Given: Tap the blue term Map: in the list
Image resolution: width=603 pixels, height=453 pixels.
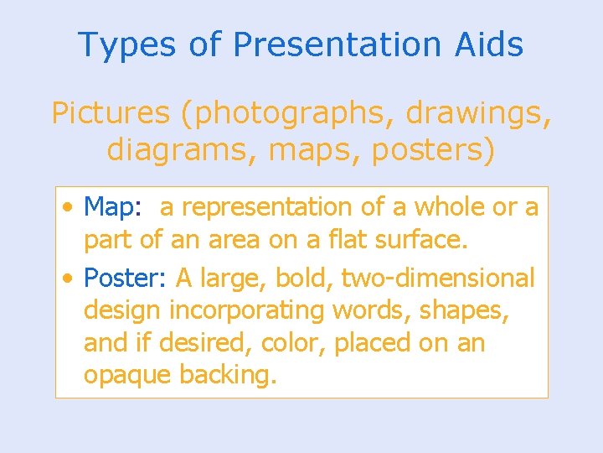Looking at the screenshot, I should [x=116, y=206].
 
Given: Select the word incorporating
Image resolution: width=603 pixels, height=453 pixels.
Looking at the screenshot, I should [x=247, y=310].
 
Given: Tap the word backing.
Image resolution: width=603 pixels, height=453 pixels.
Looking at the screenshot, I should [x=228, y=376].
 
